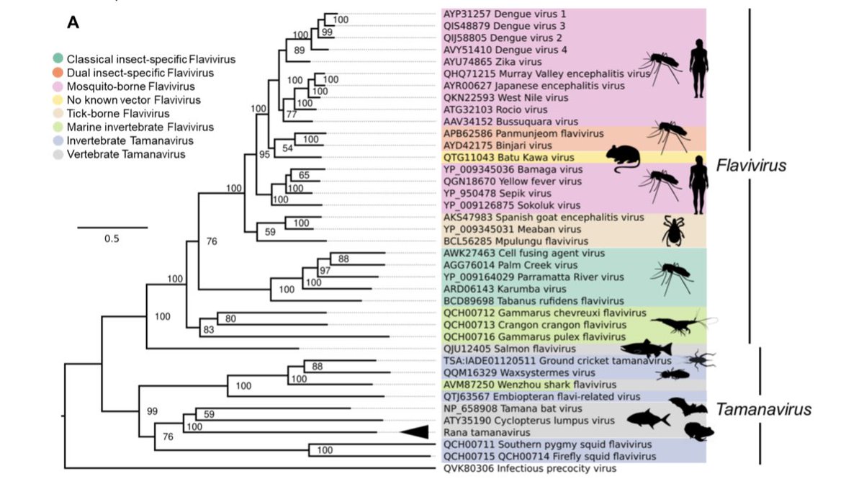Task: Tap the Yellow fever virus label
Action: tap(512, 182)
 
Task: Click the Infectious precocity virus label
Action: tap(526, 468)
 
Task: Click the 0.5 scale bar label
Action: tap(112, 239)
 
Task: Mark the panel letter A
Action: tap(73, 24)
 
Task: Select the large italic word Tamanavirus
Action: tap(763, 410)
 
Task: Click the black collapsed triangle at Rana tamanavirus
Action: tap(415, 431)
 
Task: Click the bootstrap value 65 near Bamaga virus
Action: tap(304, 175)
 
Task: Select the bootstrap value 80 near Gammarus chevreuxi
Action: tap(230, 318)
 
